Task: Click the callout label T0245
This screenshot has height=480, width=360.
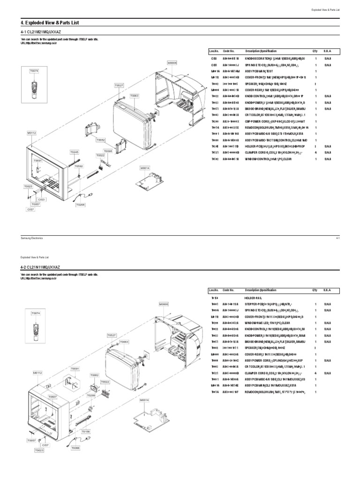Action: tap(75, 152)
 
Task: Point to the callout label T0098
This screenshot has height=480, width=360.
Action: tap(108, 151)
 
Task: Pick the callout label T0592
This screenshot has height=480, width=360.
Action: tap(79, 166)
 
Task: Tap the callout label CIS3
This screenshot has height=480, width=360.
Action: tap(42, 200)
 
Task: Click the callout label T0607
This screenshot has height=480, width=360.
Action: tap(52, 397)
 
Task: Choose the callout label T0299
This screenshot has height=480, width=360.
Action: tap(91, 396)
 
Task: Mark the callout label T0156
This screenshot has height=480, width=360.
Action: tap(85, 431)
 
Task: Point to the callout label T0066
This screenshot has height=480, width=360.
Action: tap(76, 448)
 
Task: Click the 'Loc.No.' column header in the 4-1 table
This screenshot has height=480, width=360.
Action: tap(214, 51)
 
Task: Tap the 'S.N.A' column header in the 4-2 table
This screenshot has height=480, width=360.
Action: tap(327, 291)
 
